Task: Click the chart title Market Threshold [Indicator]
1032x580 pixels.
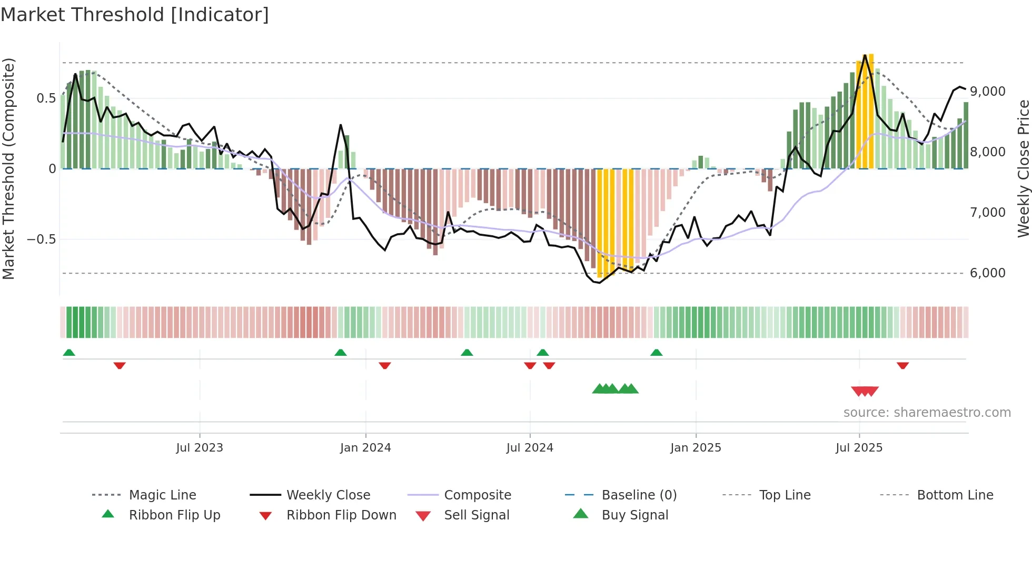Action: coord(135,15)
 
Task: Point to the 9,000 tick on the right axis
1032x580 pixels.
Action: coord(988,92)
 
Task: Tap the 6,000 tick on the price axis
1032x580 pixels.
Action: coord(988,273)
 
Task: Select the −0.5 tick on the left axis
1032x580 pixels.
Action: coord(41,239)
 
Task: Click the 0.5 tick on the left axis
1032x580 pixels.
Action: coord(46,98)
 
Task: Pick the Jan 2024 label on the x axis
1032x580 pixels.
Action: coord(365,448)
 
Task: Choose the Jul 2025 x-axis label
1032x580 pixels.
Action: coord(859,448)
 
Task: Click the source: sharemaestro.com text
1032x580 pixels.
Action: coord(927,413)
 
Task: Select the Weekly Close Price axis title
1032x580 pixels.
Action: coord(1023,168)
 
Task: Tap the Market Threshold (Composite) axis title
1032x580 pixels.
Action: coord(8,168)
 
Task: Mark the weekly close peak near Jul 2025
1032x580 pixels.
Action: coord(865,55)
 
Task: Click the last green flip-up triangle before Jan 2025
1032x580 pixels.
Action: coord(656,353)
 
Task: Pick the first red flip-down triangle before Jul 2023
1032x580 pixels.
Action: coord(120,365)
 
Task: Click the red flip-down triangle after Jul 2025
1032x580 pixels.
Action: coord(902,365)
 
